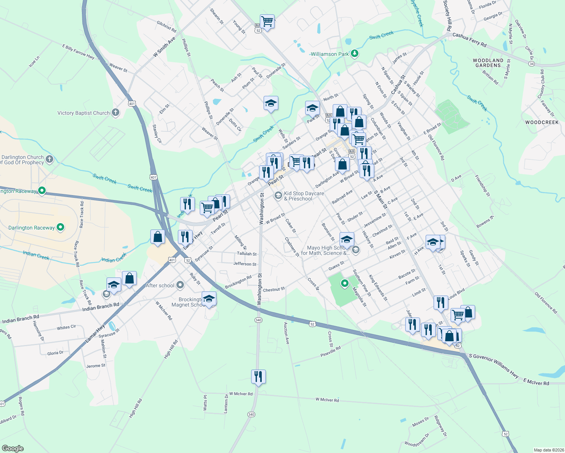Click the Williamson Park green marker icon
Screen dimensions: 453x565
354,54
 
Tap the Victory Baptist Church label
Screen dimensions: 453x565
83,113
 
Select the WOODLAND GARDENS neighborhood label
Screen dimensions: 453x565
488,63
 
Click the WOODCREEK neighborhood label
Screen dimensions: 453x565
542,122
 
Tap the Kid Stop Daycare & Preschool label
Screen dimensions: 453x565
304,196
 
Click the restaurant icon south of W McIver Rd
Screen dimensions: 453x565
258,376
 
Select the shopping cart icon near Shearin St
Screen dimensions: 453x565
267,21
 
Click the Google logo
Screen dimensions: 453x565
12,448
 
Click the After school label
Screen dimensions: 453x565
160,285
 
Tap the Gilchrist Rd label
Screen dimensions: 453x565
167,26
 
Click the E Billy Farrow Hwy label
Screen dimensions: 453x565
79,51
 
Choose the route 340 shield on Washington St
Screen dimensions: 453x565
258,320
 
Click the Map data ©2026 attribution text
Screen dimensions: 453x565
547,450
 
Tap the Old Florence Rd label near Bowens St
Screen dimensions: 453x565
546,303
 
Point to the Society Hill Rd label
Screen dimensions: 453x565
448,16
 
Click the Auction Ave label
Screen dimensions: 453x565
286,333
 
